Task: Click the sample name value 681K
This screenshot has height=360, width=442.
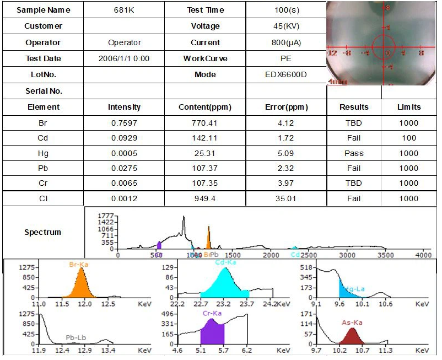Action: click(x=124, y=10)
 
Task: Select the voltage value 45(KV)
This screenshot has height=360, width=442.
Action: click(x=286, y=26)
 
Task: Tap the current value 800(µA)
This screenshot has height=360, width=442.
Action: click(x=286, y=42)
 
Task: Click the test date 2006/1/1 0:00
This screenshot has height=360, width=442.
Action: click(x=124, y=58)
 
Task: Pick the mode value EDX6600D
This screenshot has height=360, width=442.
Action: click(x=286, y=74)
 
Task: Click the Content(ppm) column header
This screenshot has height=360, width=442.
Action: click(x=205, y=107)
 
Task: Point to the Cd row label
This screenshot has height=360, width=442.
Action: click(x=42, y=138)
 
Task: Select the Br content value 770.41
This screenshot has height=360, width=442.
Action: click(x=205, y=123)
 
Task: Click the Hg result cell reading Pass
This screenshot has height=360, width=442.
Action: click(x=354, y=153)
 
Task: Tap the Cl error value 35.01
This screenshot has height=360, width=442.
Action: click(x=286, y=198)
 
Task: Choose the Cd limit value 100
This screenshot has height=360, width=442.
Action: click(x=409, y=138)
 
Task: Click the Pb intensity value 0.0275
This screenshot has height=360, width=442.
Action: click(x=124, y=168)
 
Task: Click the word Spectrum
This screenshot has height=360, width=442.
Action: click(x=42, y=232)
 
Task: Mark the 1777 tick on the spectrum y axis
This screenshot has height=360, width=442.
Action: click(x=105, y=216)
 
